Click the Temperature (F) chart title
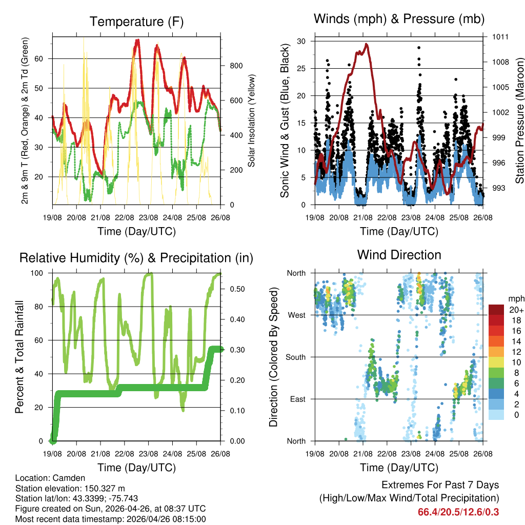pos(136,22)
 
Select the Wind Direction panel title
pos(399,254)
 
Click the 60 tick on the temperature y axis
pos(45,58)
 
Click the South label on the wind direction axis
pos(296,357)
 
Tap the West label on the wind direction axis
pos(296,315)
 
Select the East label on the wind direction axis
pos(297,399)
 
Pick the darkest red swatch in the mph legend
pos(496,310)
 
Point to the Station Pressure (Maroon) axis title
pos(519,121)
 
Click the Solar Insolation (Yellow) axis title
pos(251,121)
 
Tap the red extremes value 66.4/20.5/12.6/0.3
pos(458,512)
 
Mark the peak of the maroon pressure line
pos(366,44)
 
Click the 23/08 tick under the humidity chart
pos(149,453)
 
